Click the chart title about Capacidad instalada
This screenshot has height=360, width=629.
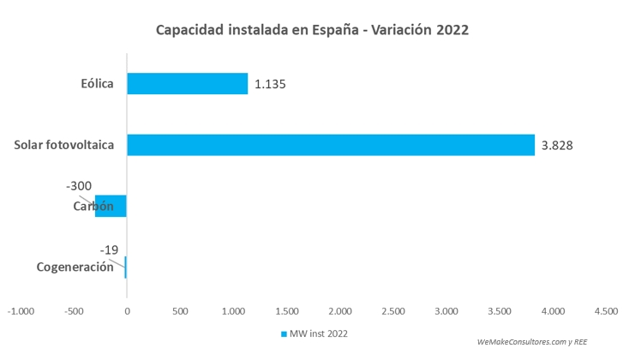tap(313, 30)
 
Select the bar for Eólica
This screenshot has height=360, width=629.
tap(187, 83)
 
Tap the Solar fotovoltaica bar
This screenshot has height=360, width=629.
tap(330, 145)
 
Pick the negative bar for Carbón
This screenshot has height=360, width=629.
tap(111, 206)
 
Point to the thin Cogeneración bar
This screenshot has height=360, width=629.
tap(125, 267)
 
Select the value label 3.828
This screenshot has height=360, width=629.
tap(557, 145)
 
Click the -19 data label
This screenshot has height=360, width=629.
tap(109, 249)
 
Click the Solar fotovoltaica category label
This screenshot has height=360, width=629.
tap(64, 145)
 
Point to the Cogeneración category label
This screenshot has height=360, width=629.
tap(75, 267)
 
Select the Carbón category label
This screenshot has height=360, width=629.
tap(93, 206)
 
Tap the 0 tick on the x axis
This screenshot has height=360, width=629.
tap(126, 311)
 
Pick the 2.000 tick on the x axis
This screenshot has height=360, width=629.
tap(340, 311)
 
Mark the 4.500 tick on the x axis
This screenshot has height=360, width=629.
tap(606, 311)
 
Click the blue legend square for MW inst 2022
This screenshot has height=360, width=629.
tap(283, 333)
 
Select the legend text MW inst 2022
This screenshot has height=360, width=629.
tap(319, 333)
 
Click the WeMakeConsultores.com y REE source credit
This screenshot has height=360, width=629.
tap(531, 340)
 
